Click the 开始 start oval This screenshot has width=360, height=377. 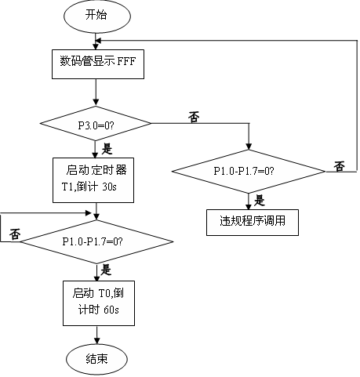click(x=97, y=16)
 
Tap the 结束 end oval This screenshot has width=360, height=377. click(x=96, y=359)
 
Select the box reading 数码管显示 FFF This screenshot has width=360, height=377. click(x=98, y=64)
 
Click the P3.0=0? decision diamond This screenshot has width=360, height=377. click(x=96, y=124)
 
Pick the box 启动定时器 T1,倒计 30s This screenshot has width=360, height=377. click(x=93, y=180)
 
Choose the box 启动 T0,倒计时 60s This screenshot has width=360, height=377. click(x=99, y=303)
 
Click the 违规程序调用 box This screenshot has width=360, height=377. click(x=253, y=223)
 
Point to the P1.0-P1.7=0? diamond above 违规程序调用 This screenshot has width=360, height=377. click(x=249, y=172)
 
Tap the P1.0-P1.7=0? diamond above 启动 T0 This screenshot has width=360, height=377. click(x=96, y=241)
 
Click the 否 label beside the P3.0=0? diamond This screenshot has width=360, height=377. click(x=194, y=117)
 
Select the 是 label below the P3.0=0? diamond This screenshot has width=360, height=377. click(x=107, y=149)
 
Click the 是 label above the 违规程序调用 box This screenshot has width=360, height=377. click(x=260, y=201)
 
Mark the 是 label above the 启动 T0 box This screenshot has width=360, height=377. click(x=106, y=270)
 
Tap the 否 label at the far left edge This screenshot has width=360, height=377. click(x=15, y=234)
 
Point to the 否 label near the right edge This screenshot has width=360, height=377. click(x=339, y=166)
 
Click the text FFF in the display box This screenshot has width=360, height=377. click(x=126, y=61)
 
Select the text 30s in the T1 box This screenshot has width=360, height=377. click(x=109, y=187)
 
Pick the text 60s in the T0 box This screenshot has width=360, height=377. click(x=111, y=310)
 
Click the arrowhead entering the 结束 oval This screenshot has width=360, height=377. click(x=97, y=341)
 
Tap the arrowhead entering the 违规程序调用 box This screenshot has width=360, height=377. click(x=249, y=206)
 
